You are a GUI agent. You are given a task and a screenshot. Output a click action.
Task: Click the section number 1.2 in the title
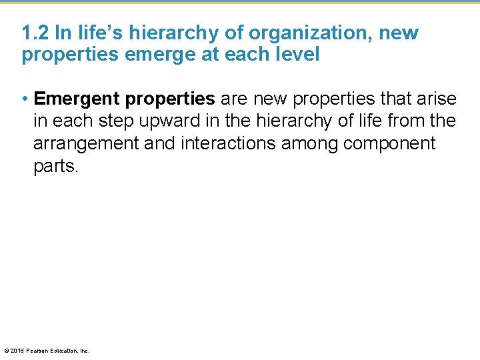click(33, 33)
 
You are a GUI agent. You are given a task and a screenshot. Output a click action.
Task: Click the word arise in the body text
click(438, 99)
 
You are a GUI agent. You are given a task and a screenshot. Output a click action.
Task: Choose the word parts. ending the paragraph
click(55, 165)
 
